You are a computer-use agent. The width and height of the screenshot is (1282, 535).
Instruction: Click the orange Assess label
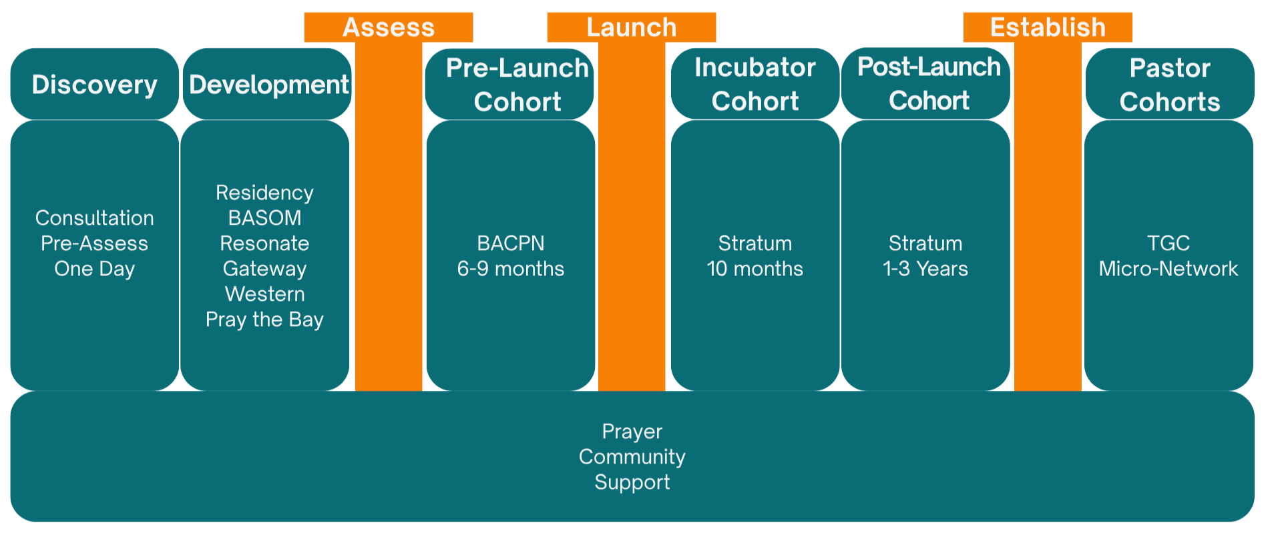pos(389,28)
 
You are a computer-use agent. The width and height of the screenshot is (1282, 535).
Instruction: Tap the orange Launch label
pos(632,28)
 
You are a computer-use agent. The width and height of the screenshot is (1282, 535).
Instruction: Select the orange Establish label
pos(1048,28)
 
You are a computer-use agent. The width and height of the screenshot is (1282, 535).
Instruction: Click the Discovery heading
pos(95,85)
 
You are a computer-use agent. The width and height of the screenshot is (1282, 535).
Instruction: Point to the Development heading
pos(268,85)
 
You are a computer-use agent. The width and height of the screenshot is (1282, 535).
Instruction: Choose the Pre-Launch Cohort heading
pos(517,85)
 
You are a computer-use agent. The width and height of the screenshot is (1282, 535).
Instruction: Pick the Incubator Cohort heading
pos(755,84)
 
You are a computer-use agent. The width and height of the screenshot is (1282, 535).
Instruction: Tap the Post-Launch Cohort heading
pos(929,83)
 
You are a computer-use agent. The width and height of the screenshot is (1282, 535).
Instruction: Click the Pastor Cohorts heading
pos(1170,85)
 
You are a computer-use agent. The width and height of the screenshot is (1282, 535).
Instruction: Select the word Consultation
pos(95,218)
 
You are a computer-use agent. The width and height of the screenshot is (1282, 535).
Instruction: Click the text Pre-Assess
pos(95,243)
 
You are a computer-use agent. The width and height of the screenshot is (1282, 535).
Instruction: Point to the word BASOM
pos(265,218)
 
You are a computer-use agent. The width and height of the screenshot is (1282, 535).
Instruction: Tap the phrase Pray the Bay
pos(265,320)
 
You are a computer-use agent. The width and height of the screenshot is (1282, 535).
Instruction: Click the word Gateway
pos(265,269)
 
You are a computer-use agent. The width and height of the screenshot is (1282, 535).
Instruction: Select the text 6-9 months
pos(511,269)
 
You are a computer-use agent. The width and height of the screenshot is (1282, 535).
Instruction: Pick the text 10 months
pos(755,269)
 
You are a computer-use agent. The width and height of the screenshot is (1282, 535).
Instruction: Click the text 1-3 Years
pos(925,269)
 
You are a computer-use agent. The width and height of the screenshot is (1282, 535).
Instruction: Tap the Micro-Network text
pos(1168,269)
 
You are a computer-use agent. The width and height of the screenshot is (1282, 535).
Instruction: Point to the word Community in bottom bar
pos(632,457)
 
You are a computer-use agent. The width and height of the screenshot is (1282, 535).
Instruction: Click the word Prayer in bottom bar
pos(632,432)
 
